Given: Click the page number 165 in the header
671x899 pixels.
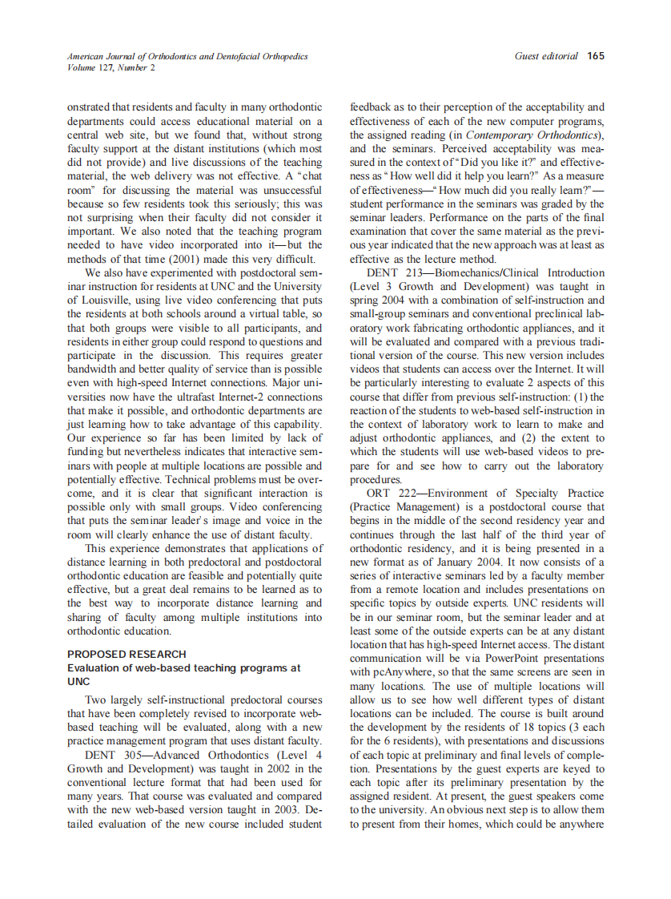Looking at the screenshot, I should pos(596,56).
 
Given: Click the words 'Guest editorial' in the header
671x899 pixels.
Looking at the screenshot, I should pos(547,56).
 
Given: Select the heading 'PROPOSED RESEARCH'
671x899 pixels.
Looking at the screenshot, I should pos(127,654).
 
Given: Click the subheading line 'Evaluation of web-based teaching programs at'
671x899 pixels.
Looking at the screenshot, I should pos(183,667).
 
